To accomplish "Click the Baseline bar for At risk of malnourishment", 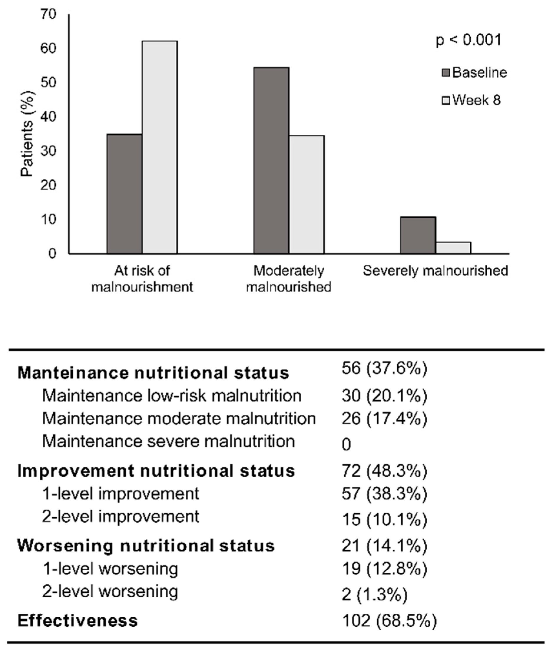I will [x=124, y=194].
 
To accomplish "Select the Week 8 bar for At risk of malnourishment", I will [x=159, y=147].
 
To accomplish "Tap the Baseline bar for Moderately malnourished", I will [x=271, y=160].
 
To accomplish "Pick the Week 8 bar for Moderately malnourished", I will [x=306, y=194].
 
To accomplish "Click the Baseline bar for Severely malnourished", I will [x=418, y=235].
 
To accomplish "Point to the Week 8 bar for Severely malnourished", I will [x=453, y=248].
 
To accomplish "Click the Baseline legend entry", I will [x=474, y=73].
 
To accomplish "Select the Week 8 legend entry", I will [x=471, y=100].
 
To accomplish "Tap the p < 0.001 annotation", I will [x=468, y=40].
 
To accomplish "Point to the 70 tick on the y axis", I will [x=48, y=14].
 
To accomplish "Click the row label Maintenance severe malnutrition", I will [x=169, y=441].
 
